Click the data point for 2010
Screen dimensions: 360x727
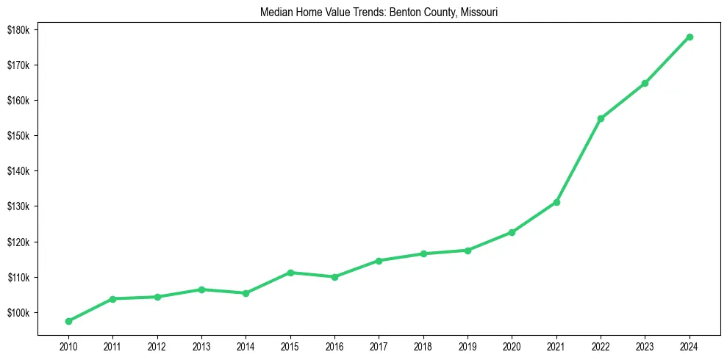68,321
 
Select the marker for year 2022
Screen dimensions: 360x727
601,118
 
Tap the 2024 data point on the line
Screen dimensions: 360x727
690,37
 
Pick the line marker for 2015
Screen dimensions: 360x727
290,273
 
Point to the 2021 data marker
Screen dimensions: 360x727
556,202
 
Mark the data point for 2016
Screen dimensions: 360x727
334,277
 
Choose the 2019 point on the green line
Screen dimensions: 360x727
468,251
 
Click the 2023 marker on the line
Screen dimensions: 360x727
645,83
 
